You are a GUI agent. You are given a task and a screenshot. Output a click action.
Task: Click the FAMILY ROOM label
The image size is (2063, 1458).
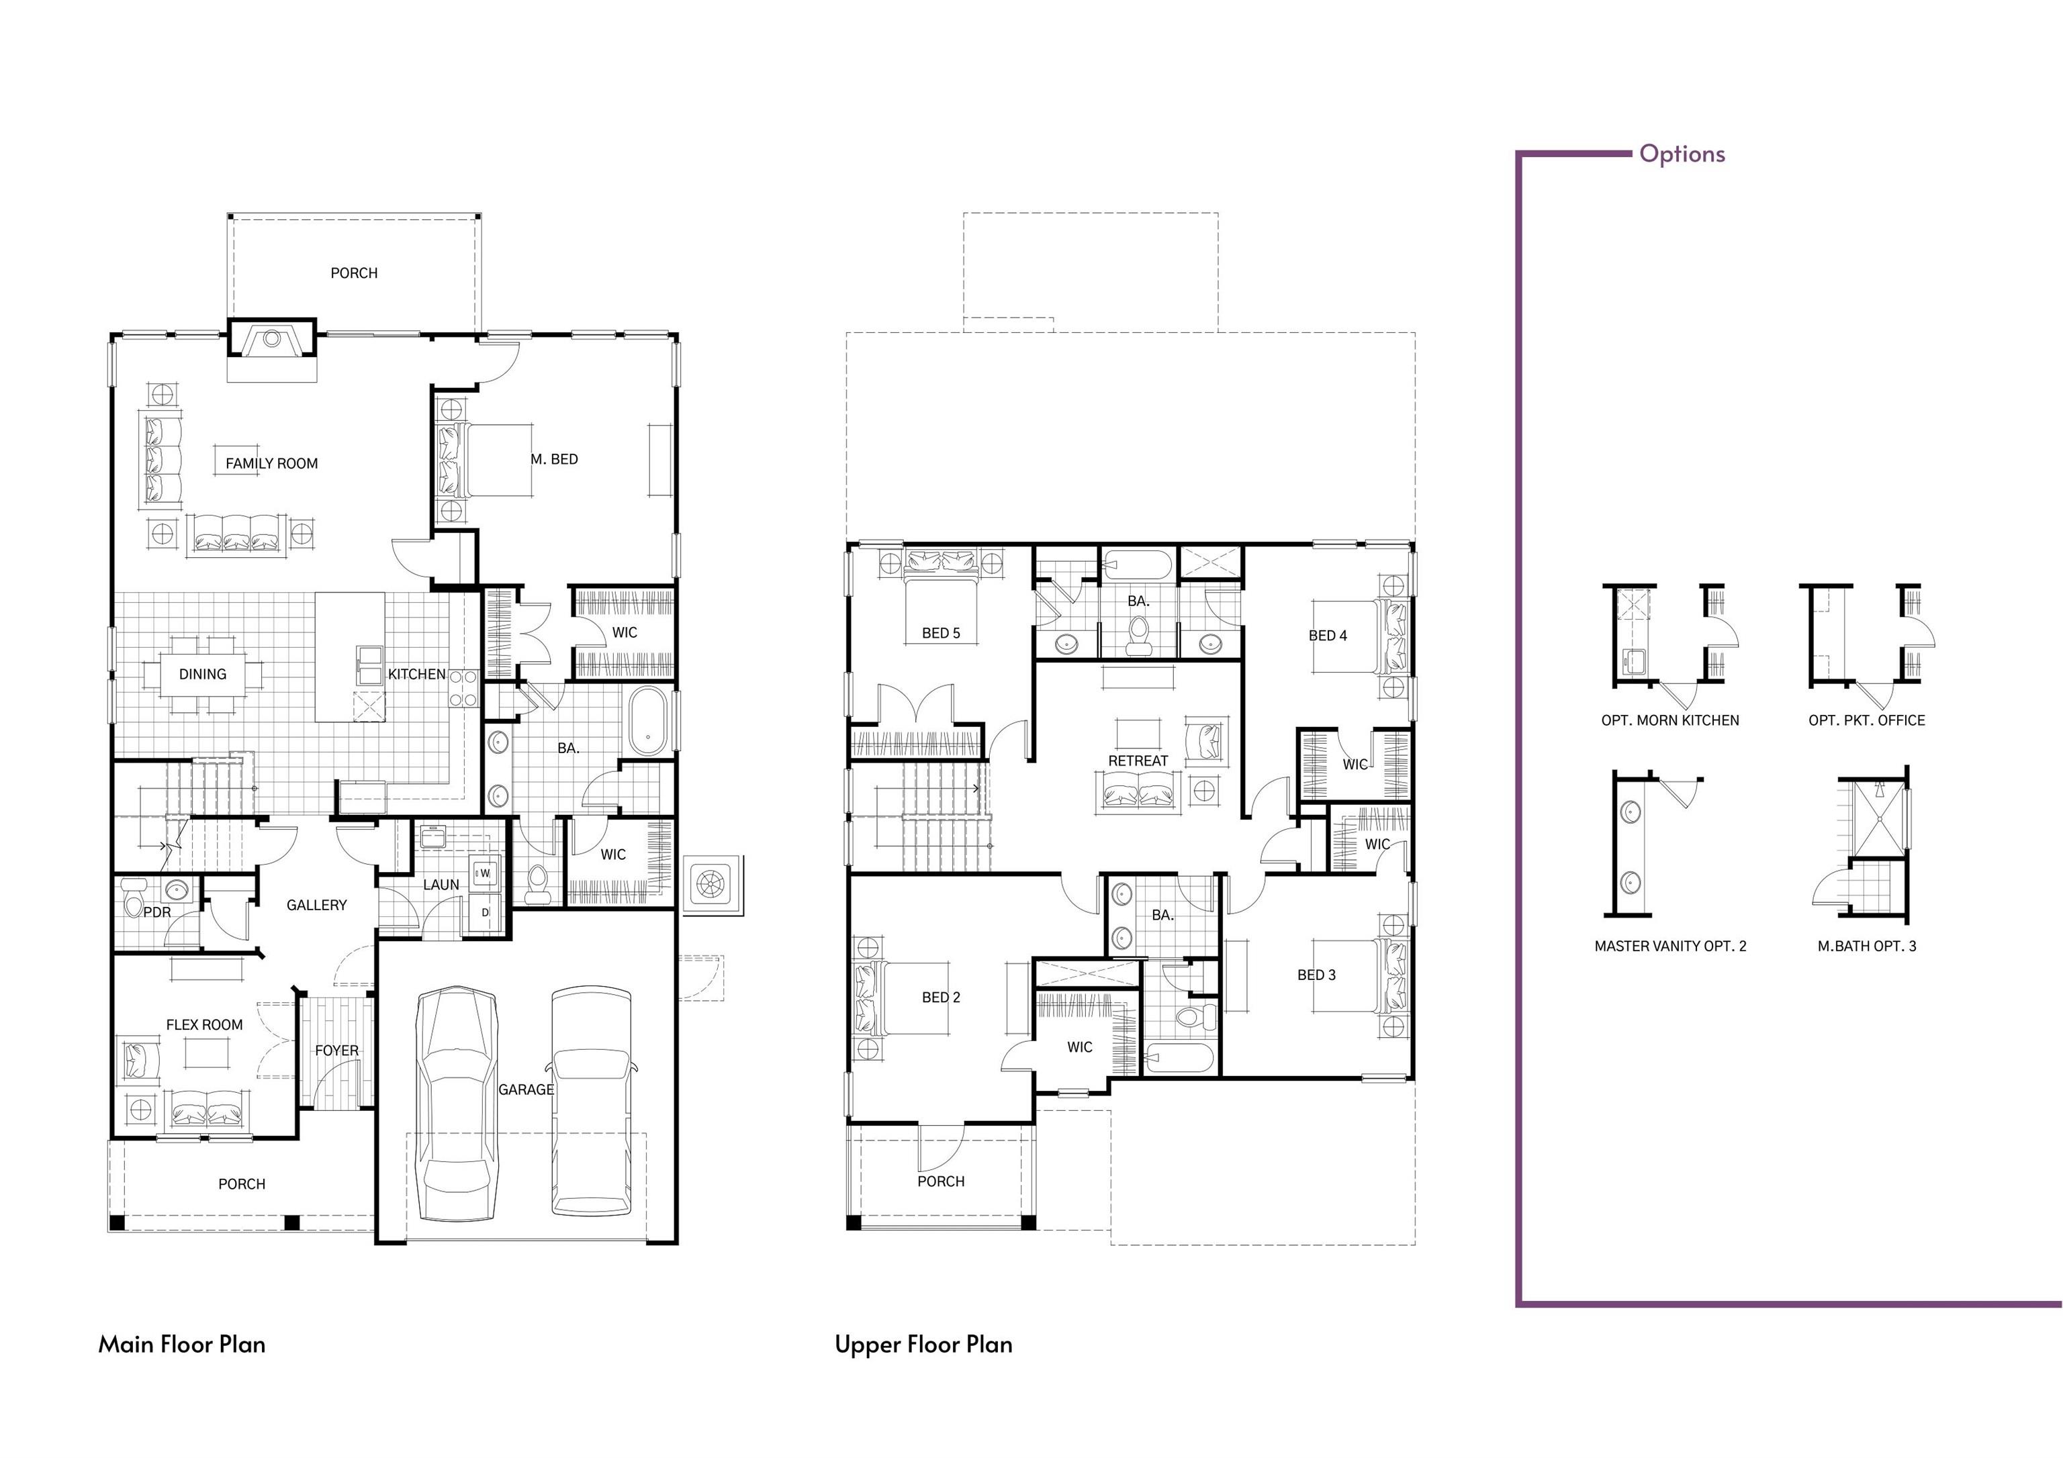(x=271, y=464)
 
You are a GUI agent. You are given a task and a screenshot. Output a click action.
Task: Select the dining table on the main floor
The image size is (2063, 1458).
(x=202, y=674)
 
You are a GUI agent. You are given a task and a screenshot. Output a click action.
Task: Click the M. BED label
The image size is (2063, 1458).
(x=555, y=459)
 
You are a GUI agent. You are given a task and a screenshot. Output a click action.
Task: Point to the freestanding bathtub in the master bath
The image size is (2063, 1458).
(x=647, y=722)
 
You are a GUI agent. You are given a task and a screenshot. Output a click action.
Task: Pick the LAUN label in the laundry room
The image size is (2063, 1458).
(x=441, y=885)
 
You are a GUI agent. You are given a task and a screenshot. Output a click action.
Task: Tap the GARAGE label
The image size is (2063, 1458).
(x=526, y=1089)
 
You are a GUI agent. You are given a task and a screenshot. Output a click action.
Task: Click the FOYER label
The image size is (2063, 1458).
(x=337, y=1050)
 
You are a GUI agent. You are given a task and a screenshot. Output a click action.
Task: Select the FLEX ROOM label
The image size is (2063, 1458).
(x=204, y=1025)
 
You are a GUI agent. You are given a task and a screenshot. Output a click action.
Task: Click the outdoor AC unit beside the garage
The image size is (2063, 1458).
(x=712, y=885)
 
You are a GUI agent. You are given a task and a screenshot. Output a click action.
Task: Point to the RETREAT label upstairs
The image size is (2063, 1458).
(x=1138, y=761)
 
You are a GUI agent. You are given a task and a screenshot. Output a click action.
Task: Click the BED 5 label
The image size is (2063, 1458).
(x=941, y=633)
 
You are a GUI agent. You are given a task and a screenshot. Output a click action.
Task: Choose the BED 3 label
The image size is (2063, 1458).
(x=1316, y=975)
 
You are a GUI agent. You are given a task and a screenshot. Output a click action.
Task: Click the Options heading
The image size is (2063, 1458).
(x=1682, y=154)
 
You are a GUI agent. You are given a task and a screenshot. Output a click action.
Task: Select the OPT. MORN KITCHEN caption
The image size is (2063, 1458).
(x=1670, y=720)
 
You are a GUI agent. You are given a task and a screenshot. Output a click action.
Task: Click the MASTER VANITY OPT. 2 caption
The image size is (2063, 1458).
(x=1670, y=946)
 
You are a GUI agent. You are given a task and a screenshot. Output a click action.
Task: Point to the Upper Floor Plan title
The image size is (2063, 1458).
(x=923, y=1345)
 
